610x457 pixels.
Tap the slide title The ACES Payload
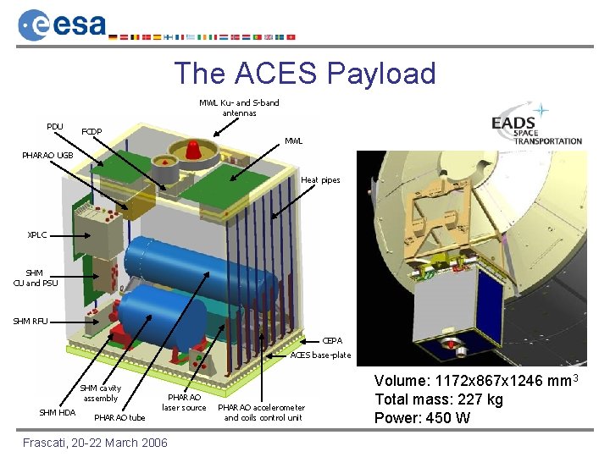305,74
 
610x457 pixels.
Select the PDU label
55,127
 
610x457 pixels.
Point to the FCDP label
91,132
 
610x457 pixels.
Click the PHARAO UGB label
48,156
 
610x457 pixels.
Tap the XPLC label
37,235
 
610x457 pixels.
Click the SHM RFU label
30,321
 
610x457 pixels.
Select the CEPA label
333,340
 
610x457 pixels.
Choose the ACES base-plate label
320,355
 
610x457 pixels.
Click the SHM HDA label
58,412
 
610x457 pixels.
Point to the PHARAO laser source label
184,402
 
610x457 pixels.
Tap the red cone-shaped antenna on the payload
193,151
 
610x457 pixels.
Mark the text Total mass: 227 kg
439,399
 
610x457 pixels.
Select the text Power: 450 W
424,418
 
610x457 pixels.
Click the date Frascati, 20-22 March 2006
95,443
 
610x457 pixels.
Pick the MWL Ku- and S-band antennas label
239,107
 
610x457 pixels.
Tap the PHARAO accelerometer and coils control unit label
263,412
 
